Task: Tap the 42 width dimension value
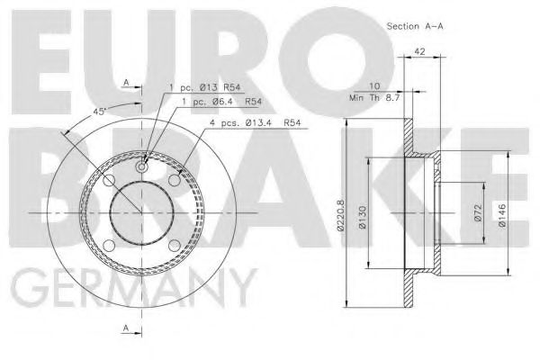click(419, 53)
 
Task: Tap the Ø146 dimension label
click(501, 213)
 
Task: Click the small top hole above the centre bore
click(141, 166)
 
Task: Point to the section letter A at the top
click(127, 84)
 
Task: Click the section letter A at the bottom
click(127, 328)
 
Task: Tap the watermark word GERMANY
click(130, 289)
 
